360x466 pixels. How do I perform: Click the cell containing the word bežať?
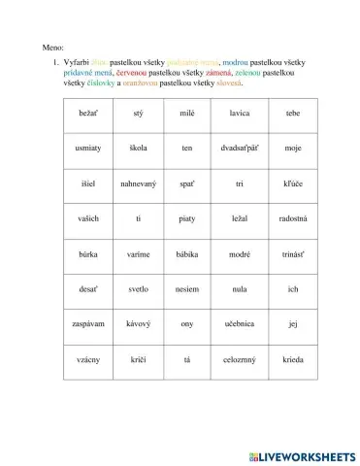pos(74,114)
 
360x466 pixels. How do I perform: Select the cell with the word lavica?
pos(240,114)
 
